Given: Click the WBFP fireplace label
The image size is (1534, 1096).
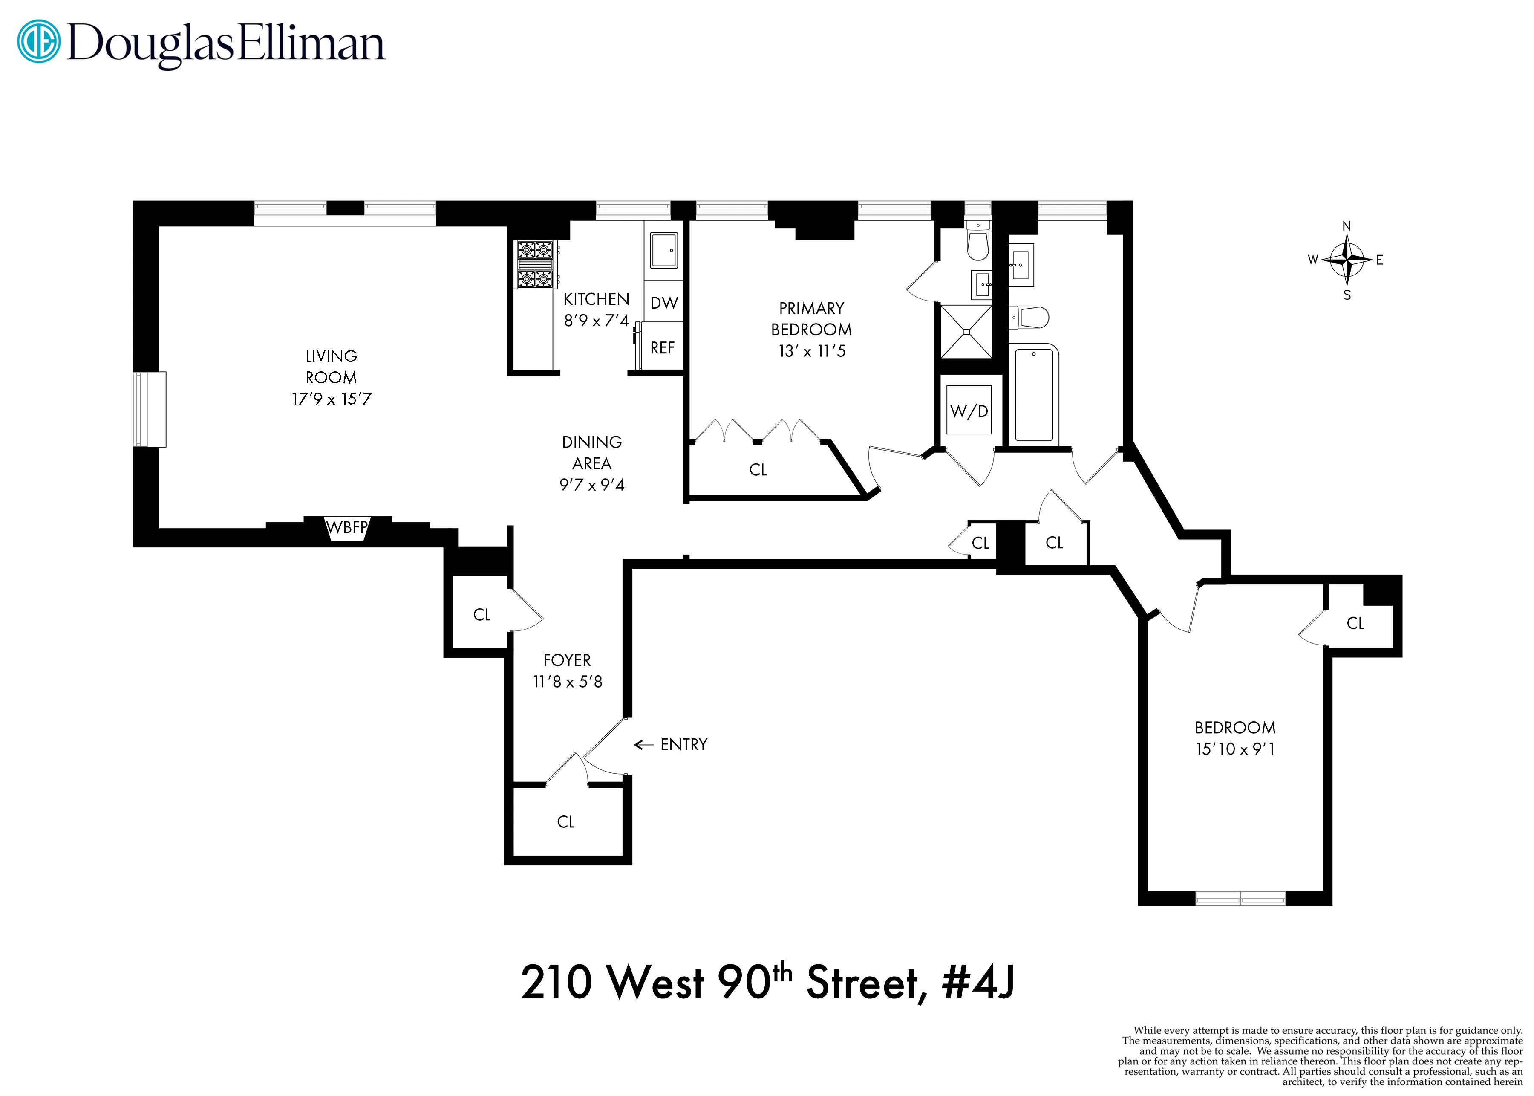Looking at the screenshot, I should tap(347, 527).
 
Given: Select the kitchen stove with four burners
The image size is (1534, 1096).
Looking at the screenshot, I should tap(535, 265).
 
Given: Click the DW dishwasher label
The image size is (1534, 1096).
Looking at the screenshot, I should tap(664, 303).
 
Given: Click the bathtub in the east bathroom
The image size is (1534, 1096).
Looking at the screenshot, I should tap(1033, 394).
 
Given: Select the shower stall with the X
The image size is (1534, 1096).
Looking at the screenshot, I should tap(966, 331).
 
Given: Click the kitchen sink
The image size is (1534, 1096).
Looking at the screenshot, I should tap(664, 250).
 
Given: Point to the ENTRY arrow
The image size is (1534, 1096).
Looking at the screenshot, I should tap(643, 744).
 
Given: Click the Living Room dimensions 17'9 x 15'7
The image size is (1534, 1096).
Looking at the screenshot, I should tap(331, 399).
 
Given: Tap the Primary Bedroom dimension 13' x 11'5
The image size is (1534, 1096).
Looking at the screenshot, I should tap(811, 351).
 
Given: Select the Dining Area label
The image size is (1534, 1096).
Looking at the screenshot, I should tap(591, 452).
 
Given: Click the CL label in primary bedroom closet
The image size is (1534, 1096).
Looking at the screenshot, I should tap(758, 470).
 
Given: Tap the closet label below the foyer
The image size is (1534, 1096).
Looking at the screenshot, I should tap(565, 821).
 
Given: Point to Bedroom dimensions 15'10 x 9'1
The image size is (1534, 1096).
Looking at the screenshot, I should tap(1234, 749).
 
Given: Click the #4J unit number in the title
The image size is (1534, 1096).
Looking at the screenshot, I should tap(978, 983).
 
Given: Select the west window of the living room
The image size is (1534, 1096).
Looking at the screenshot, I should tap(149, 409).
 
